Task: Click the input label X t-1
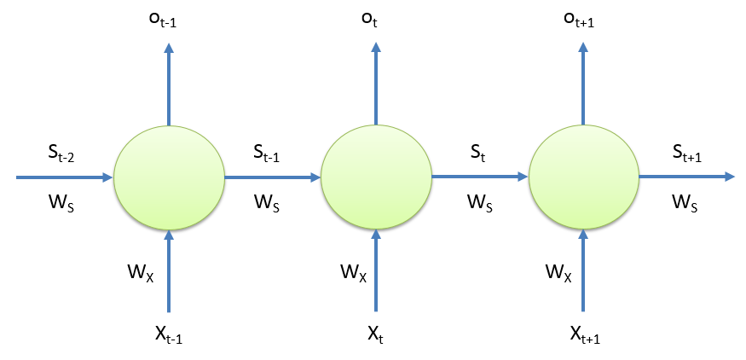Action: (168, 334)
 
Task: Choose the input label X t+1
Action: (583, 334)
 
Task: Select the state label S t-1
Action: (271, 153)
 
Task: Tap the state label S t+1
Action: (688, 153)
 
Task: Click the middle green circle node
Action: (376, 177)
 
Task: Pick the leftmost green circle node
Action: (169, 177)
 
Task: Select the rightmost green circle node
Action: (584, 177)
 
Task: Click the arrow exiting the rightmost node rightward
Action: (686, 177)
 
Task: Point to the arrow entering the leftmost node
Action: (64, 177)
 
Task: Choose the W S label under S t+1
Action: (686, 203)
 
